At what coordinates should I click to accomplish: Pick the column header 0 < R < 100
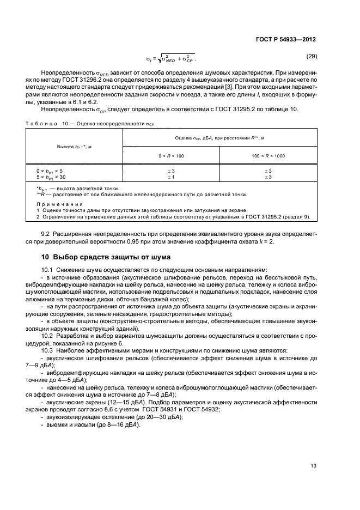[171, 156]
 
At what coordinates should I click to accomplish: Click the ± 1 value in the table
[171, 177]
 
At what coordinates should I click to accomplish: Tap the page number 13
[313, 466]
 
